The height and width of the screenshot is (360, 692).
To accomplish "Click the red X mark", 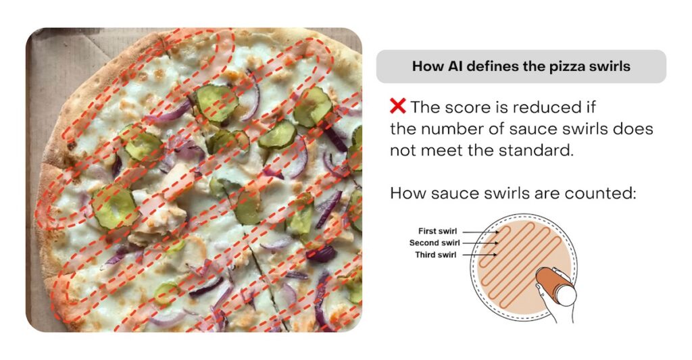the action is (397, 106).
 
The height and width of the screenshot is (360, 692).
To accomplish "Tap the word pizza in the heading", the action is (567, 67).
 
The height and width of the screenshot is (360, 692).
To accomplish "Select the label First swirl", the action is (437, 231).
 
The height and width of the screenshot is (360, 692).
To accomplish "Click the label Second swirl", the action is (435, 242).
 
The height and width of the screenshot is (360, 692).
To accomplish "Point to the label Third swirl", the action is (436, 255).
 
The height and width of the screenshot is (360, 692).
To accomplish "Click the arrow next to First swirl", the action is (480, 231).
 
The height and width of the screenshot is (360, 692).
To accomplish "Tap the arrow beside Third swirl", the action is (479, 255).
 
